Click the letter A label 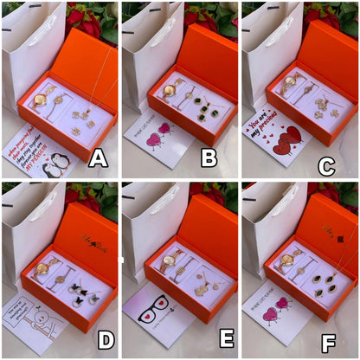click(x=98, y=158)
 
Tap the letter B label click(x=209, y=158)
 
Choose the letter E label click(x=227, y=338)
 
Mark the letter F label click(x=328, y=342)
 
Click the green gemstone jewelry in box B click(x=202, y=113)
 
